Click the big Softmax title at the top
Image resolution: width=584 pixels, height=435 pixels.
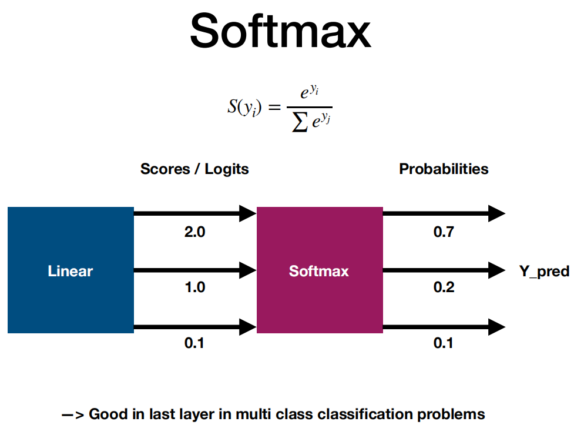pyautogui.click(x=280, y=31)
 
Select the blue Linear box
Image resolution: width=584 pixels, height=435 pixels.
pyautogui.click(x=71, y=270)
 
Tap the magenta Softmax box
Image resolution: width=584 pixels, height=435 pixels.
pyautogui.click(x=320, y=270)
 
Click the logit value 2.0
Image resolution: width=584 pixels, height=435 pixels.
pyautogui.click(x=195, y=232)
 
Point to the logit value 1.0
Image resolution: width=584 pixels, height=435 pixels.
pyautogui.click(x=195, y=287)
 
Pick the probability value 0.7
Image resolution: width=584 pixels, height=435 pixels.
pyautogui.click(x=444, y=232)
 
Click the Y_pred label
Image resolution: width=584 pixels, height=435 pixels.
pyautogui.click(x=544, y=272)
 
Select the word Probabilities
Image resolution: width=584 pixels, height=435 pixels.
pyautogui.click(x=444, y=169)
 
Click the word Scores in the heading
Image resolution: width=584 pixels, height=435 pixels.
pyautogui.click(x=165, y=169)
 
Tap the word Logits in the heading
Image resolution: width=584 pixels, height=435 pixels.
pyautogui.click(x=227, y=169)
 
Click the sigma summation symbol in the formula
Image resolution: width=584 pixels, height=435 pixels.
pyautogui.click(x=300, y=122)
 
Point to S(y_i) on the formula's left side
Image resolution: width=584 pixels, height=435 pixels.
pyautogui.click(x=244, y=108)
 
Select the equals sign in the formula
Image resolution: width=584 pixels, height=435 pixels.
pyautogui.click(x=274, y=108)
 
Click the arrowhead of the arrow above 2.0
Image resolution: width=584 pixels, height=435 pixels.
pyautogui.click(x=248, y=213)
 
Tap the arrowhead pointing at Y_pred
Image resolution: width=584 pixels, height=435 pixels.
pyautogui.click(x=497, y=270)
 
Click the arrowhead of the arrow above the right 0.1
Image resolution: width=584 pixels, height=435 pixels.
pyautogui.click(x=497, y=327)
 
